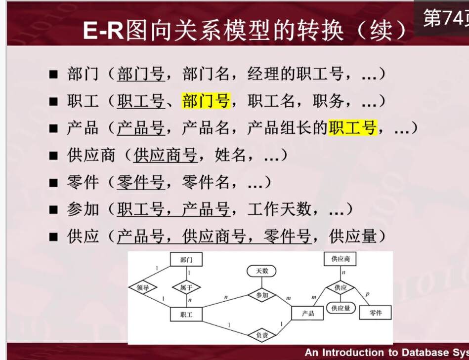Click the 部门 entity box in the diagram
[186, 259]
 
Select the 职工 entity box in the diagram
[186, 314]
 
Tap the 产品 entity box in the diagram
[307, 313]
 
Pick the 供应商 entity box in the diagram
[341, 259]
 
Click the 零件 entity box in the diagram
[376, 313]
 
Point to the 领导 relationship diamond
[143, 287]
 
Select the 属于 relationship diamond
[186, 287]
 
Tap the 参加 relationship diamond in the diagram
[262, 295]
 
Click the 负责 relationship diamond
[262, 335]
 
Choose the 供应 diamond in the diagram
[341, 287]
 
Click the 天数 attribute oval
[261, 271]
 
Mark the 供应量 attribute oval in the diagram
[341, 308]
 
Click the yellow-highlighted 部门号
[206, 100]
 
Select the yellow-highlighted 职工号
[352, 127]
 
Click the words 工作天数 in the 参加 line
[279, 209]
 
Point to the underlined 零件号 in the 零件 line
[140, 182]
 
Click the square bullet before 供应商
[53, 156]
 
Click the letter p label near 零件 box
[367, 294]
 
